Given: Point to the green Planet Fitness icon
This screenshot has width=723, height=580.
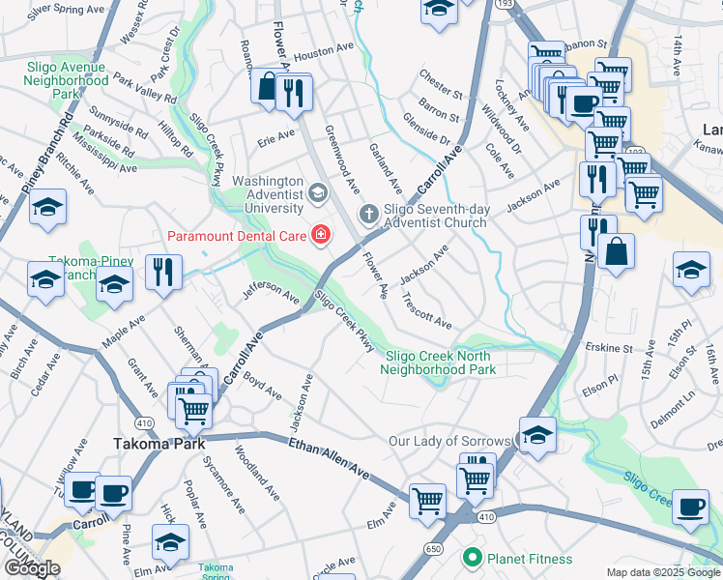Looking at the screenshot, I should coord(473,558).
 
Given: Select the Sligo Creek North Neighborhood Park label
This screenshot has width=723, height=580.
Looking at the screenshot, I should coord(438,362).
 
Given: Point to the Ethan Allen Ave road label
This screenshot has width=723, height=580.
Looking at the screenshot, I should coord(329,457).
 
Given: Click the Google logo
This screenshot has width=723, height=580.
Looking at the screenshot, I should coord(32,568).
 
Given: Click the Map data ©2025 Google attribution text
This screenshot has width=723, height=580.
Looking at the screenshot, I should coord(662,572).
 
